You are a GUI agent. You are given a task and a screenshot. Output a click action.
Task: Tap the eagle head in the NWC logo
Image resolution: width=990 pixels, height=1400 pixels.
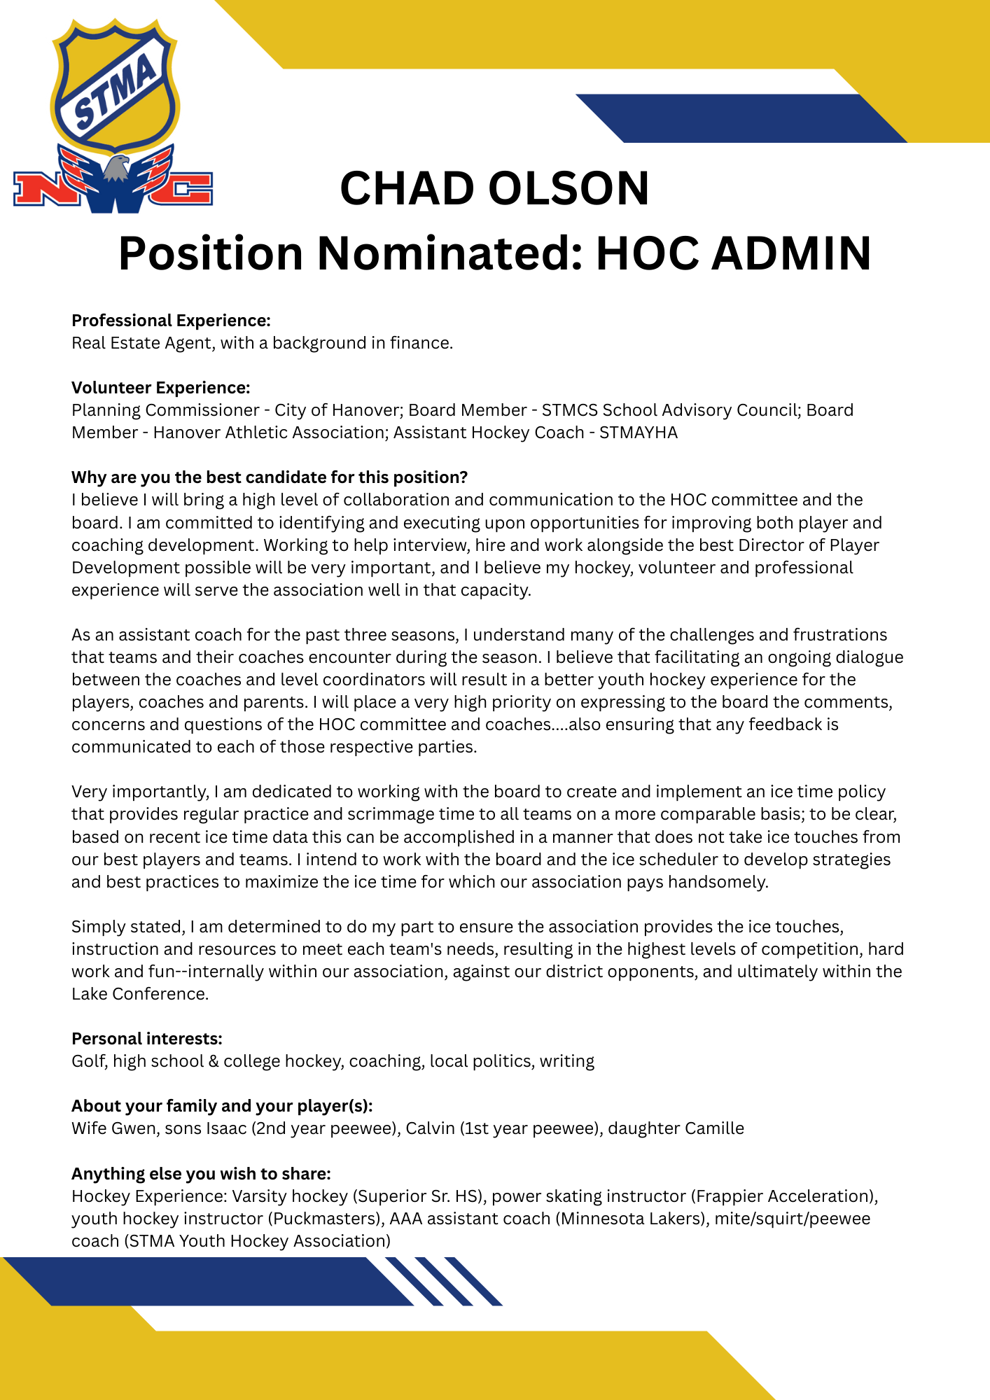[116, 169]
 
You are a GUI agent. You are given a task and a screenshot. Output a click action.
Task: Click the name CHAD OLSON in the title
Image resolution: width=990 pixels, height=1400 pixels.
[494, 188]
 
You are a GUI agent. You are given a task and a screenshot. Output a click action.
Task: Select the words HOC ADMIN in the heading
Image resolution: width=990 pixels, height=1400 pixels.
[733, 253]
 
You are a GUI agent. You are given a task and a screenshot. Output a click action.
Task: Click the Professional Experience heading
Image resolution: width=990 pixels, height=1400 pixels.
[171, 321]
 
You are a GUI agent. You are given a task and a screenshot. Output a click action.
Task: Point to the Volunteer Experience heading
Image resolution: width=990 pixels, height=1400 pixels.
[161, 388]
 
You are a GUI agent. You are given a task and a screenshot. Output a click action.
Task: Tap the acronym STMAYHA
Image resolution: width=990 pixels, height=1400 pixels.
[638, 433]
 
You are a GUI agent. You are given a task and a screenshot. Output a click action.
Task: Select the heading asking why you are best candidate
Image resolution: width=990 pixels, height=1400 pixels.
[270, 477]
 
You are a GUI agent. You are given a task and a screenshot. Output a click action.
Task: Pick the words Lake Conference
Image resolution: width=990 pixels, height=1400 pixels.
[139, 994]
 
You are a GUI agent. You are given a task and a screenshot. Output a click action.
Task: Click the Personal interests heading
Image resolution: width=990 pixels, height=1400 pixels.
[147, 1039]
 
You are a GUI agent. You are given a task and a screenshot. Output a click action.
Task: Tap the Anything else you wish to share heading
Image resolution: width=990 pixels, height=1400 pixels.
[201, 1174]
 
